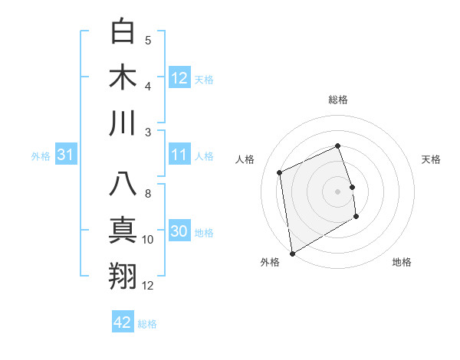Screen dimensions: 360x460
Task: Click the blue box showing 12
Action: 179,78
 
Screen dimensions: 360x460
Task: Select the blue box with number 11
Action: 179,155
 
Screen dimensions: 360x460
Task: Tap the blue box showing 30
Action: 179,232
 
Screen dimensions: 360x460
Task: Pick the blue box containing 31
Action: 66,155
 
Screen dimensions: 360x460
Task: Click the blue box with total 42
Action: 123,322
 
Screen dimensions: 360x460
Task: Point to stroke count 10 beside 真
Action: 148,240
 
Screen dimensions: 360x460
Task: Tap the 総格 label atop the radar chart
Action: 337,100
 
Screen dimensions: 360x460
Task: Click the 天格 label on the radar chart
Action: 432,159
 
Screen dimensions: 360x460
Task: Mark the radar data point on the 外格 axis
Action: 292,253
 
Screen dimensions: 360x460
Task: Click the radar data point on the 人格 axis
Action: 280,172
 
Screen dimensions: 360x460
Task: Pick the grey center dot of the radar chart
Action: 337,191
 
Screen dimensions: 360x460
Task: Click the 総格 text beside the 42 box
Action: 147,324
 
